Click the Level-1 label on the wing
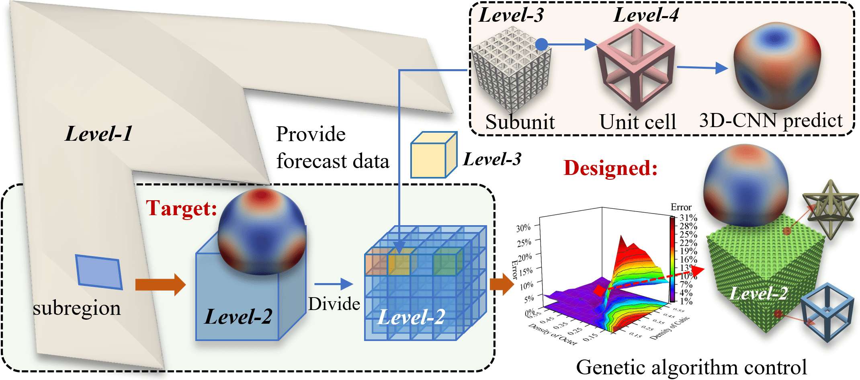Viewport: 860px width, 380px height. pyautogui.click(x=99, y=134)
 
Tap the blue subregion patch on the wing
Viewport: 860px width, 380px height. pyautogui.click(x=99, y=272)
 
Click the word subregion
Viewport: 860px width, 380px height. pyautogui.click(x=77, y=308)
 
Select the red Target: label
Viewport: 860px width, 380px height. pyautogui.click(x=181, y=208)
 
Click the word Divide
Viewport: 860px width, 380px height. pyautogui.click(x=334, y=304)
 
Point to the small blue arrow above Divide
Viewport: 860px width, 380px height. pyautogui.click(x=333, y=284)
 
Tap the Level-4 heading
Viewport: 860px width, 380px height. pyautogui.click(x=646, y=15)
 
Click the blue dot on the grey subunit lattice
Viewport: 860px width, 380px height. pyautogui.click(x=542, y=44)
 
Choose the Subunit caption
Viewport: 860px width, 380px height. pyautogui.click(x=520, y=122)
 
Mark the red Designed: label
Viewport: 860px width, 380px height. pyautogui.click(x=610, y=168)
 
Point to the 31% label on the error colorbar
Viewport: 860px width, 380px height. pyautogui.click(x=688, y=218)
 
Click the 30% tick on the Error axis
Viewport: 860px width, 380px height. pyautogui.click(x=523, y=228)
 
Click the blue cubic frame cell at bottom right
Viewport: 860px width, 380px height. pyautogui.click(x=827, y=312)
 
